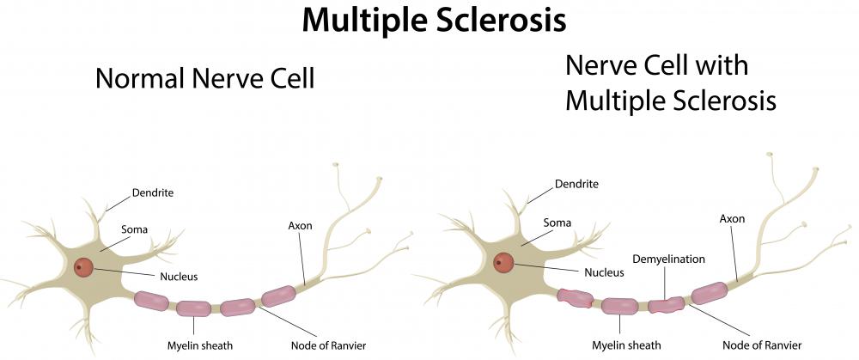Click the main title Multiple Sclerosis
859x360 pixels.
(x=434, y=21)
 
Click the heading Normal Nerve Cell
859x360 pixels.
(x=205, y=78)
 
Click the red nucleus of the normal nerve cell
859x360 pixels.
(x=84, y=267)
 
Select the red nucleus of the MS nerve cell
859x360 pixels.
(x=503, y=263)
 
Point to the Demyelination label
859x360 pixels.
(x=668, y=259)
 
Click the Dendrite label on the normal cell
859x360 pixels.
(x=153, y=192)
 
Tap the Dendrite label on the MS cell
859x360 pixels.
(x=577, y=184)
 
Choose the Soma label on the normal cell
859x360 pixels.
(x=134, y=229)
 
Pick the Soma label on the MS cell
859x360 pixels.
(x=557, y=223)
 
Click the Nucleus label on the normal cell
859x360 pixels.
(x=179, y=277)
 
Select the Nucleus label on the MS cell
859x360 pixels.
(x=604, y=272)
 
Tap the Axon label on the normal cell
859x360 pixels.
(x=300, y=226)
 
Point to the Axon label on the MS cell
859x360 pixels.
(x=732, y=218)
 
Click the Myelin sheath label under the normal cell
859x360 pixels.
(x=200, y=345)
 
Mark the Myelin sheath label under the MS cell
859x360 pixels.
(x=626, y=345)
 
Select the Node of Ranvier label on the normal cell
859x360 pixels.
(x=328, y=345)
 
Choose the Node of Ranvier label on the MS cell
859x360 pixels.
(x=762, y=345)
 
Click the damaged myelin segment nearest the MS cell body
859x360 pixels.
(x=575, y=298)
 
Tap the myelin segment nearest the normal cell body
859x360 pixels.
(x=151, y=301)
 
